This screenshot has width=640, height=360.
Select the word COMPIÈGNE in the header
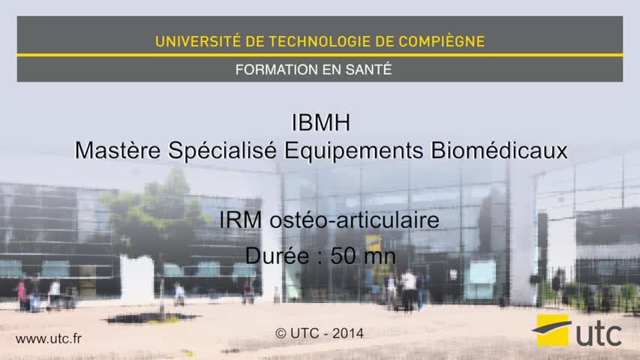point(442,40)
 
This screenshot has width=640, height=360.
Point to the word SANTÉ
point(368,69)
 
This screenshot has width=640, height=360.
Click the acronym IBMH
point(321,122)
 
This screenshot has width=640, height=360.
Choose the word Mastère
point(118,150)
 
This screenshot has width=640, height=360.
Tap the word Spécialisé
point(222,151)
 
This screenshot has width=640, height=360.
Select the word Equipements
point(353,151)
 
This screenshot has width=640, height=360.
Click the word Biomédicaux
point(499,150)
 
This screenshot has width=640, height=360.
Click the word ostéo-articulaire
point(354,220)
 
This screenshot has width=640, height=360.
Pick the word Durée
point(277,256)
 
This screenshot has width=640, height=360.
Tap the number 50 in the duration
point(342,256)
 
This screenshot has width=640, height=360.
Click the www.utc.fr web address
point(49,338)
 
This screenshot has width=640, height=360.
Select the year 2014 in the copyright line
point(347,334)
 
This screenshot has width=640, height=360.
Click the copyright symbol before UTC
point(281,334)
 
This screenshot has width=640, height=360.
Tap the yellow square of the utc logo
point(553,330)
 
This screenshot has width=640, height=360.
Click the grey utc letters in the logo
point(599,334)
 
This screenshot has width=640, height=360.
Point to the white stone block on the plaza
point(137,279)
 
